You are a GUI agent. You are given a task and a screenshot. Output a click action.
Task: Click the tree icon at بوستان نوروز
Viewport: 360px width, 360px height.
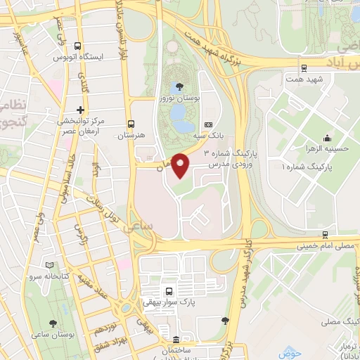click(181, 87)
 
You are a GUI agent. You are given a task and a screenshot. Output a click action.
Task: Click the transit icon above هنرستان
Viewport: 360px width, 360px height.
click(130, 121)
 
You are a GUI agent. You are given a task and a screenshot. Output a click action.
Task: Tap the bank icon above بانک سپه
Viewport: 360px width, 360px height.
click(207, 124)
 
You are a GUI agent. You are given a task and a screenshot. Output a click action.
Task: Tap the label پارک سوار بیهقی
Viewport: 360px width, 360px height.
click(168, 302)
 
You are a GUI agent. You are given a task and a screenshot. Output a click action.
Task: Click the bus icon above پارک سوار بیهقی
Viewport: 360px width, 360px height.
click(168, 290)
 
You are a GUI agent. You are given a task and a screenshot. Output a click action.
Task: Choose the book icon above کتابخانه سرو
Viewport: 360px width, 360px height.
click(49, 265)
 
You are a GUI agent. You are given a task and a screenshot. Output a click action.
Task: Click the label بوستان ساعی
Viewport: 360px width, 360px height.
click(57, 334)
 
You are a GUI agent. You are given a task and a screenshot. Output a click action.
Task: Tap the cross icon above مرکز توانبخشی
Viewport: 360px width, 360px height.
click(80, 109)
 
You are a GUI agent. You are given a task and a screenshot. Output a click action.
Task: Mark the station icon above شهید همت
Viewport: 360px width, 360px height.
click(304, 68)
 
